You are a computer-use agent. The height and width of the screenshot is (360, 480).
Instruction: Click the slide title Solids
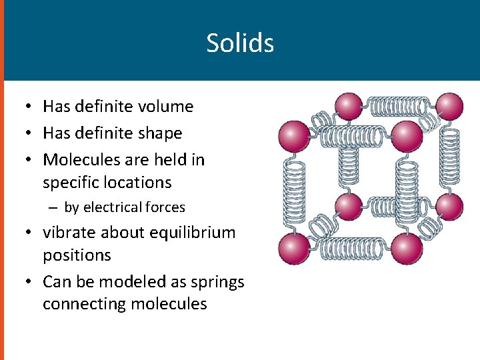[x=240, y=43]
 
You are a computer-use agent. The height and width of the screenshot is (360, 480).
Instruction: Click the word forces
[x=167, y=207]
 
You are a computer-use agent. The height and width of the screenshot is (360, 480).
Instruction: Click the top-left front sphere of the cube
[x=293, y=135]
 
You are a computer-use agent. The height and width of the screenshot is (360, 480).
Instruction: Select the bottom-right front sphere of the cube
[x=407, y=249]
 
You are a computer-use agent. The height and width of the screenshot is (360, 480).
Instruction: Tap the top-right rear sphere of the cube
[x=448, y=107]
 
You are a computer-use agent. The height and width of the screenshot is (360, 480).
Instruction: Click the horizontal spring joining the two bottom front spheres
[x=350, y=249]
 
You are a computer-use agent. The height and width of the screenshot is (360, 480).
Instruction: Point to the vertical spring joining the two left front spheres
[x=293, y=192]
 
